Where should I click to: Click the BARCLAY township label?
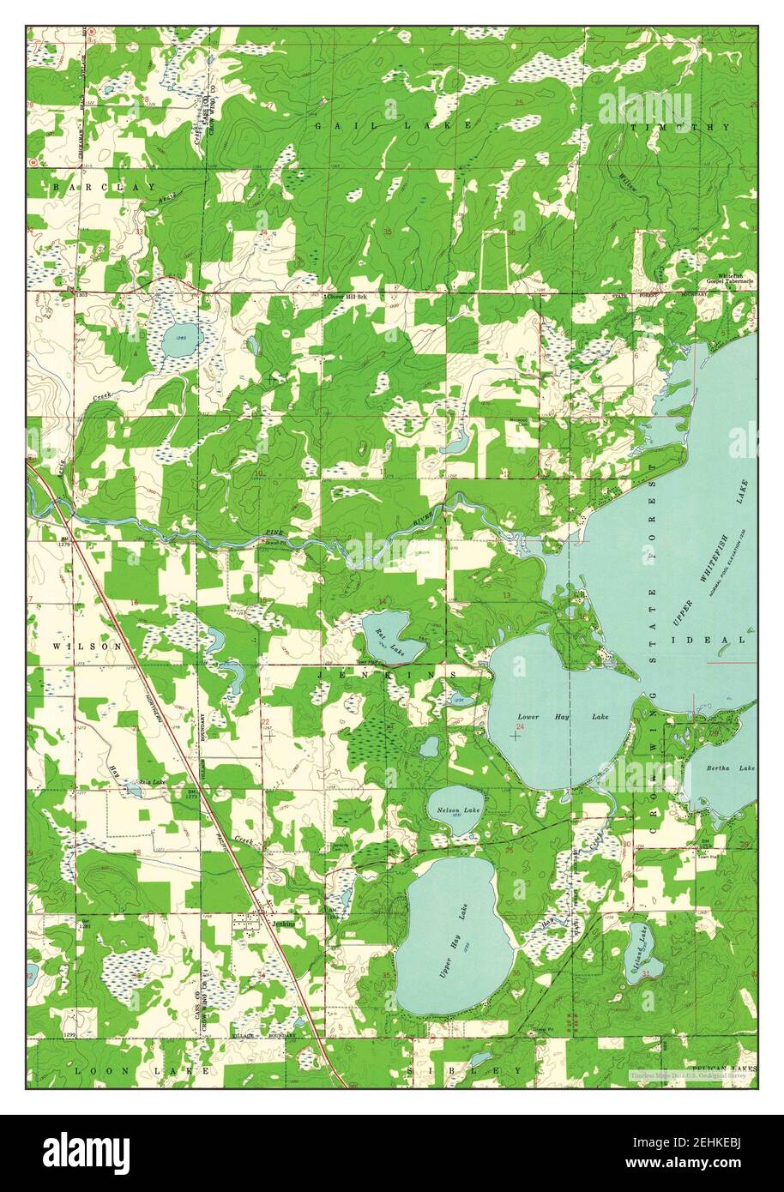click(x=105, y=186)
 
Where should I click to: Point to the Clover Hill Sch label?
click(x=347, y=296)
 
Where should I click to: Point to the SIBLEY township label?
click(x=469, y=1070)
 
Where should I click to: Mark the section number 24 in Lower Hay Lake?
click(x=520, y=725)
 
